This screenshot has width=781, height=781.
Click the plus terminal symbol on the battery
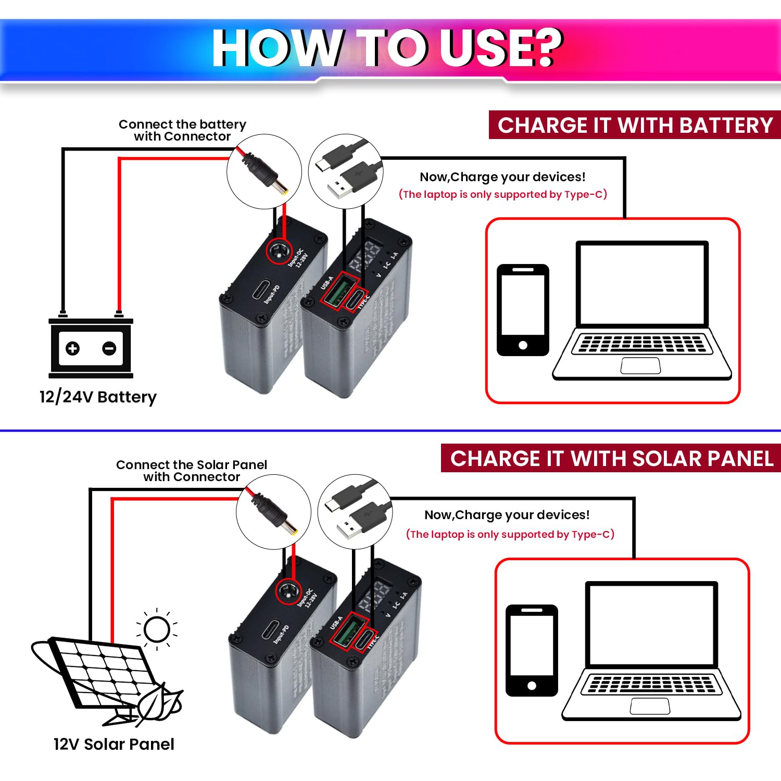pos(73,348)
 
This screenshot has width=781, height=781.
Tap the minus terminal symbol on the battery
pos(109,348)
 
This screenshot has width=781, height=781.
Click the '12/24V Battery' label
pos(98,397)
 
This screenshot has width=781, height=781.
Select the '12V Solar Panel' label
pos(114,744)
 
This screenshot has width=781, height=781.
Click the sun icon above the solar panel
pos(157,629)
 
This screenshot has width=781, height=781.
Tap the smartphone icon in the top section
pos(523,310)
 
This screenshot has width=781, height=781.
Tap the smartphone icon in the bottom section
pos(532,650)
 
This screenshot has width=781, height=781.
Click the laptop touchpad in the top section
pos(640,366)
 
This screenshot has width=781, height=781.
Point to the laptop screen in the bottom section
pos(651,624)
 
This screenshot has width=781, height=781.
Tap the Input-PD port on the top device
pos(261,291)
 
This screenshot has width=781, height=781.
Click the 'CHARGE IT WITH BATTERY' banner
pos(635,125)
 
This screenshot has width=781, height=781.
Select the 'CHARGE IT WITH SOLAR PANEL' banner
pos(611,458)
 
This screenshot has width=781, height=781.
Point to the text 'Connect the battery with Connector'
pos(182,130)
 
